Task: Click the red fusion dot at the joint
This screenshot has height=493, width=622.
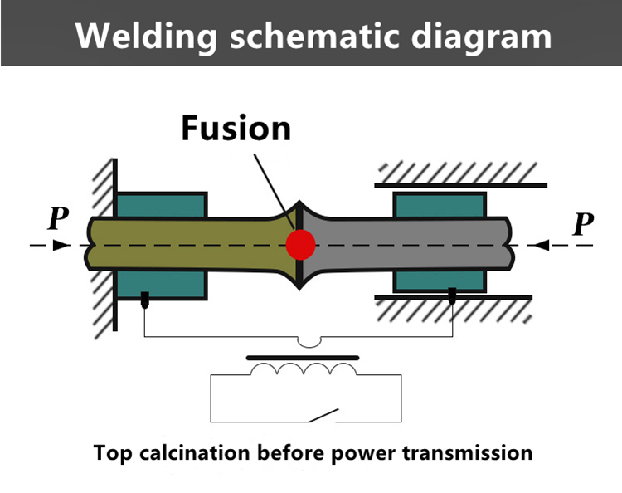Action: coord(300,245)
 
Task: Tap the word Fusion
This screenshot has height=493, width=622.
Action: coord(236,129)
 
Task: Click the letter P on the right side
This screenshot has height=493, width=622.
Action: coord(584,223)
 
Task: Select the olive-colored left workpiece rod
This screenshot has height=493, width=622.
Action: coord(191,245)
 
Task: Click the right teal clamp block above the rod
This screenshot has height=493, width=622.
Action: coord(440,204)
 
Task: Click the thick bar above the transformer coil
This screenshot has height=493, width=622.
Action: coord(304,358)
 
